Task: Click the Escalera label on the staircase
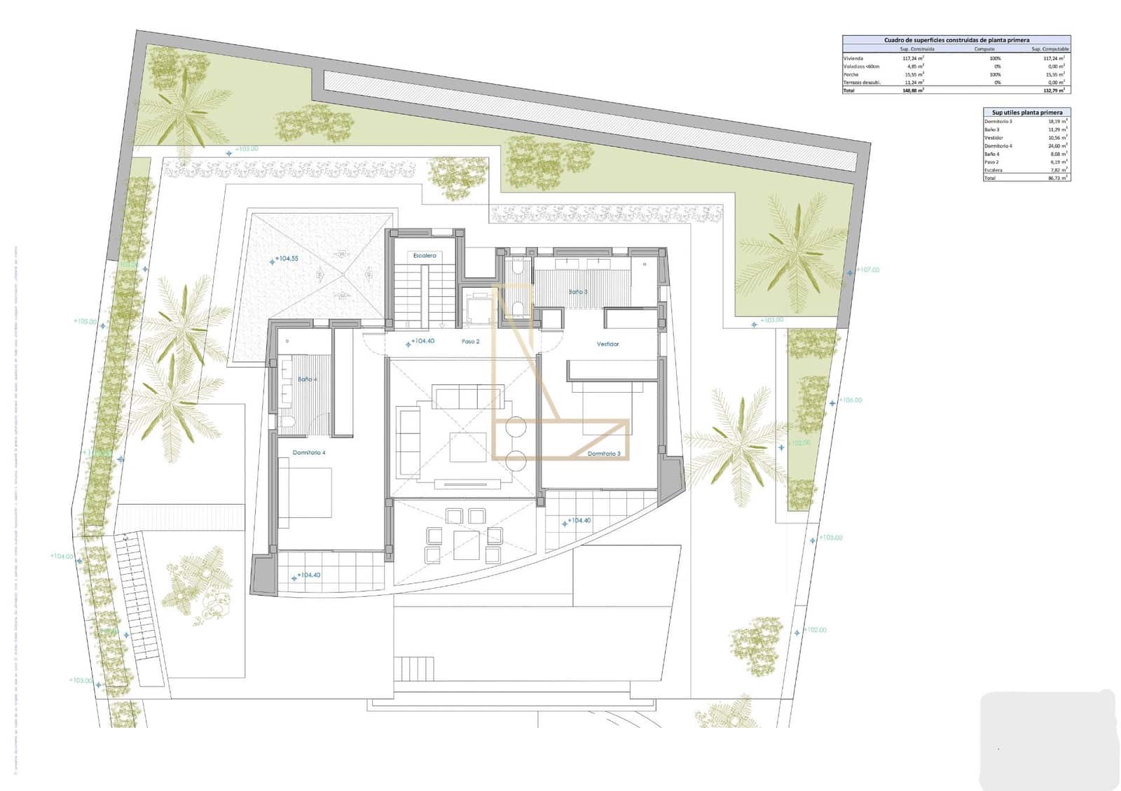click(x=425, y=255)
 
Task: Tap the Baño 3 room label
click(x=577, y=292)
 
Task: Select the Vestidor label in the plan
click(x=607, y=344)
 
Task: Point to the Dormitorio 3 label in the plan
click(x=604, y=454)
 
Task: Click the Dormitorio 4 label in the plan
click(x=309, y=453)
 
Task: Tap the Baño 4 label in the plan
click(x=307, y=379)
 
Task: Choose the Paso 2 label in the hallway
click(x=470, y=342)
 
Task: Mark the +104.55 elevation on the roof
click(x=287, y=259)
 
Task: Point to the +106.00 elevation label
click(x=851, y=400)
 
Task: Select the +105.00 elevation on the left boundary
click(x=85, y=321)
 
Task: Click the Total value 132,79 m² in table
click(x=1053, y=90)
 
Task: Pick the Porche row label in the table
click(x=851, y=74)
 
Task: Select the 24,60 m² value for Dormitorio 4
click(x=1057, y=146)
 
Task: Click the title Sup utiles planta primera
click(x=1026, y=112)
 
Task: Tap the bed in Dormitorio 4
click(x=305, y=493)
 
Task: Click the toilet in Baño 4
click(x=287, y=422)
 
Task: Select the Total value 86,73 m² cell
click(x=1057, y=178)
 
